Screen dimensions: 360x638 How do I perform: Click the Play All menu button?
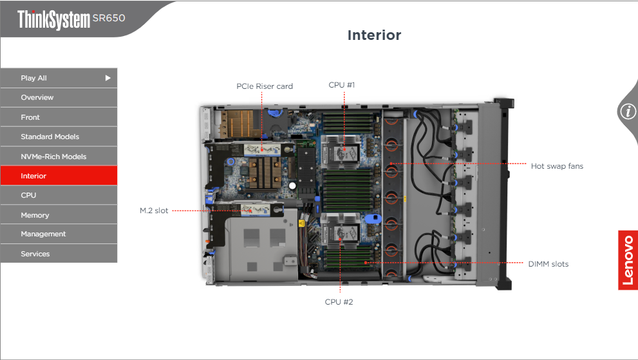[59, 78]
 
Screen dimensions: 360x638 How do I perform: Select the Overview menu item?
[59, 98]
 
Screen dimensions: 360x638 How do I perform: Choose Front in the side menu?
[59, 117]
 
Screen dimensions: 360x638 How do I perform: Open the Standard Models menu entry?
[59, 137]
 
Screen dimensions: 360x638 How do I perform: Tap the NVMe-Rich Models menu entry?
[59, 156]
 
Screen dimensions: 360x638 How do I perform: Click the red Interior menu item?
[59, 176]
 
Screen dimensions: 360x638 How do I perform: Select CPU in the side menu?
[59, 195]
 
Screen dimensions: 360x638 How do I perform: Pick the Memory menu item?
[59, 215]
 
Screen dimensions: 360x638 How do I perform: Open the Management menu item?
[59, 234]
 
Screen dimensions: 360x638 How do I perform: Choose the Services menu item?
[59, 254]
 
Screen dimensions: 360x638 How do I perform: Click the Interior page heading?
[374, 35]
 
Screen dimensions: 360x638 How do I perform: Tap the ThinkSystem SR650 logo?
[71, 19]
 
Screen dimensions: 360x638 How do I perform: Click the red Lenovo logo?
[628, 260]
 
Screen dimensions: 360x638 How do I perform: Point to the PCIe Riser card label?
[265, 86]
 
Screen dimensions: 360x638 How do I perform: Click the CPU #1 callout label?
[342, 85]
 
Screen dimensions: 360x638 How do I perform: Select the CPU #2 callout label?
[339, 301]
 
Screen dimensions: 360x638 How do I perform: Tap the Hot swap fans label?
[557, 166]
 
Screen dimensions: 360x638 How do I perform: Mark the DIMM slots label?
[548, 264]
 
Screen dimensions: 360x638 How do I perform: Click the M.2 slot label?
[154, 211]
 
